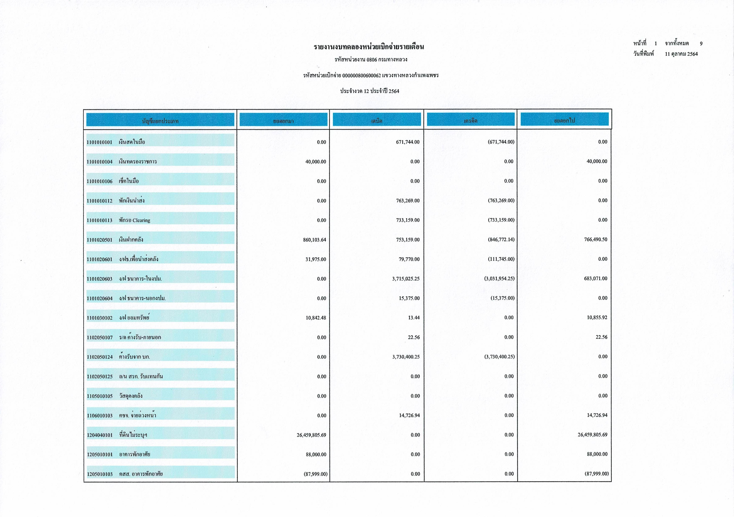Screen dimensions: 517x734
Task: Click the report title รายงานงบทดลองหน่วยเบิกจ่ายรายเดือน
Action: tap(369, 47)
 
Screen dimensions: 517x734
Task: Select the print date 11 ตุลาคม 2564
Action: tap(681, 54)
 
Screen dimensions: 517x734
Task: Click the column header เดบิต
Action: tap(377, 121)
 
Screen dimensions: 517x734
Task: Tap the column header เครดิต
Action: tap(471, 121)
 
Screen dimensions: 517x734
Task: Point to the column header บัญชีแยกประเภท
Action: tap(160, 121)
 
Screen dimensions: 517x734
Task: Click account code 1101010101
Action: tap(99, 142)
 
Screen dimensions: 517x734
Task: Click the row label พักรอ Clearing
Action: tap(134, 220)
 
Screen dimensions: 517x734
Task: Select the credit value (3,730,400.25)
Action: tap(499, 357)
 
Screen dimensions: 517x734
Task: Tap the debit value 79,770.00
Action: tap(409, 259)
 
